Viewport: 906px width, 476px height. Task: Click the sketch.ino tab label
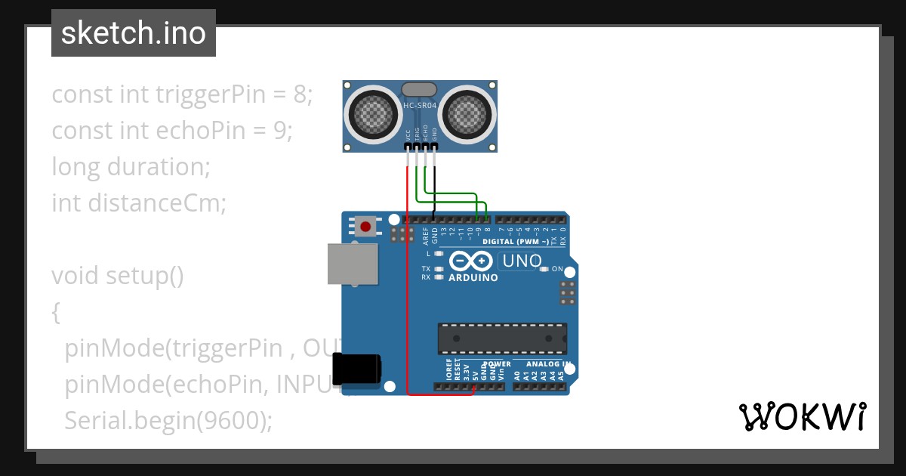[134, 33]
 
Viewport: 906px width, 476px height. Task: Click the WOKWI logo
[802, 416]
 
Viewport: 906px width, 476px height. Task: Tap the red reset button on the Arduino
[367, 225]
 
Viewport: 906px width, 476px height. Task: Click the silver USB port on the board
[353, 264]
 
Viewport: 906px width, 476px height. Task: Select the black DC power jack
[357, 372]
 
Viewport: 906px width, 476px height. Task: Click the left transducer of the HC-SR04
[372, 114]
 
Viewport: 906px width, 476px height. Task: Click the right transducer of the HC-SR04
[467, 114]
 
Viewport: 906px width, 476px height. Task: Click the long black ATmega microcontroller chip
[502, 338]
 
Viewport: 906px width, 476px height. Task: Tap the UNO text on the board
[520, 261]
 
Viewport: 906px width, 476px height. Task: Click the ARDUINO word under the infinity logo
[473, 277]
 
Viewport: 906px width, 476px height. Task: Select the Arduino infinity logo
[470, 261]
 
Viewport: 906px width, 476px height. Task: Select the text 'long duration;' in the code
[131, 166]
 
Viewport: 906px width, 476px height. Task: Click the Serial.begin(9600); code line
[168, 420]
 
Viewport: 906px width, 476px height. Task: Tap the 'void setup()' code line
[118, 275]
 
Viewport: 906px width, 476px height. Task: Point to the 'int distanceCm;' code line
[139, 202]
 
